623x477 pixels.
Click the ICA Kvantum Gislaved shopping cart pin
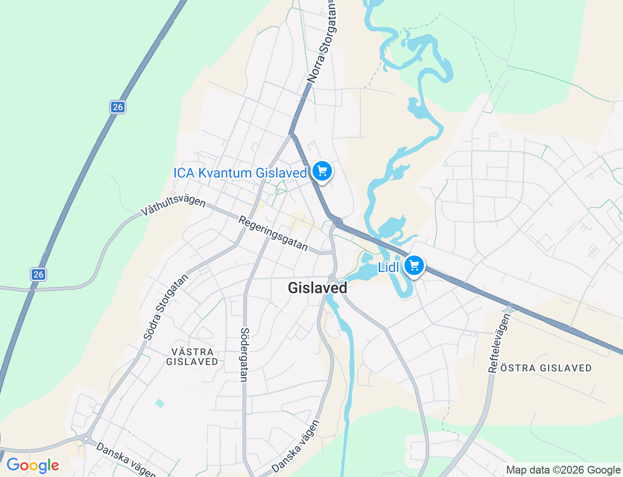(322, 171)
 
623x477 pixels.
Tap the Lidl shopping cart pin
(414, 266)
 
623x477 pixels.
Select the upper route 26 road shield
(117, 107)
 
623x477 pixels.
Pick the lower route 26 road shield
(38, 274)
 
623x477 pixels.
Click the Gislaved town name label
(317, 288)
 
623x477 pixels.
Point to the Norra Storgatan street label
(322, 44)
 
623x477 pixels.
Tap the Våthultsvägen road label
(173, 204)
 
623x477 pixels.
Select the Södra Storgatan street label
(166, 307)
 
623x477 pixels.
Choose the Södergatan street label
(244, 354)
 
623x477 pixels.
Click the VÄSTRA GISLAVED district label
(192, 357)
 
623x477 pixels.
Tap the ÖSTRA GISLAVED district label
(546, 368)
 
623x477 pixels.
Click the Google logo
(33, 466)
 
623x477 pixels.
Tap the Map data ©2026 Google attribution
(563, 470)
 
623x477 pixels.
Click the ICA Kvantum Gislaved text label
(240, 173)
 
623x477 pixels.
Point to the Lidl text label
(388, 267)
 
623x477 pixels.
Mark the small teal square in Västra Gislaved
(160, 403)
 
